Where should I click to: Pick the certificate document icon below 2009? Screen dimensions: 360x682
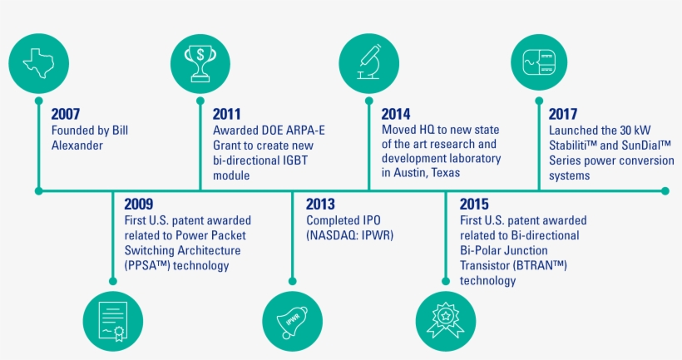tap(112, 320)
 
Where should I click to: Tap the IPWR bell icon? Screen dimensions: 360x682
tap(291, 320)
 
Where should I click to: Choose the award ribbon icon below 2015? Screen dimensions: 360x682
tap(444, 320)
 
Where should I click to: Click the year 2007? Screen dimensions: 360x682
tap(66, 115)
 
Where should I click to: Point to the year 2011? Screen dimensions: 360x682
tap(227, 115)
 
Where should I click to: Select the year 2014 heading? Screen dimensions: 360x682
tap(396, 115)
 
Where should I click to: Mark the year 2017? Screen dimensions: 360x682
tap(563, 115)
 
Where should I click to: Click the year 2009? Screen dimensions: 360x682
tap(139, 204)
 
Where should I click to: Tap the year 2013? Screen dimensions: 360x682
tap(321, 204)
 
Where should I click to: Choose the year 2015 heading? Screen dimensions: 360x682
tap(475, 204)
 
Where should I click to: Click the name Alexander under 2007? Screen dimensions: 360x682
tap(78, 145)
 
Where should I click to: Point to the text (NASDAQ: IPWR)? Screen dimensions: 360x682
tap(349, 236)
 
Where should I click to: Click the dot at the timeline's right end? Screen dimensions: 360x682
tap(665, 190)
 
